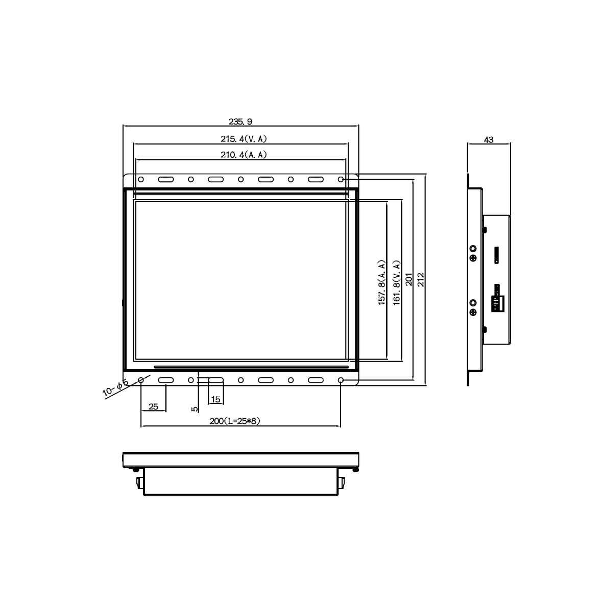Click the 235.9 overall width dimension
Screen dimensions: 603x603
[x=240, y=122]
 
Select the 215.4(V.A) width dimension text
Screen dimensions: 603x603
[x=244, y=139]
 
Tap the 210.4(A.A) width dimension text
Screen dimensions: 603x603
[x=244, y=155]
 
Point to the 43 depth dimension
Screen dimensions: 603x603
[x=489, y=139]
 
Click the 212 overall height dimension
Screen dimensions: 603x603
[x=421, y=280]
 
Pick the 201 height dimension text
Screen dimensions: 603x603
[x=409, y=280]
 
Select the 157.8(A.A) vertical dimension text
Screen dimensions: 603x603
[x=381, y=283]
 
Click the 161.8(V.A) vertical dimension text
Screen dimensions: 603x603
[x=397, y=283]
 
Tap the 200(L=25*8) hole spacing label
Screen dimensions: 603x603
[x=234, y=421]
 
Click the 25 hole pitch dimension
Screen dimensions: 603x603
[x=153, y=406]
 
